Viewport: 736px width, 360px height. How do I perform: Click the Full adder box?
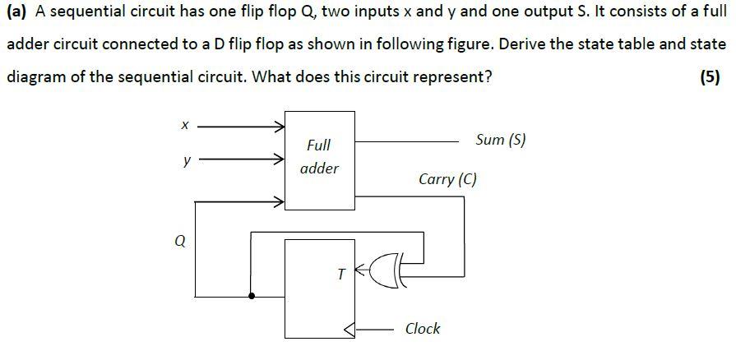tap(320, 159)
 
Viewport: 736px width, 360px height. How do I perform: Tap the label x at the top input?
tap(185, 126)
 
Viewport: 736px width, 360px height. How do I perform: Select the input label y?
tap(187, 161)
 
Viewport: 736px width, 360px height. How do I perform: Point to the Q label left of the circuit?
tap(181, 241)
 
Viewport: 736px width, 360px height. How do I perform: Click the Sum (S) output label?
tap(500, 140)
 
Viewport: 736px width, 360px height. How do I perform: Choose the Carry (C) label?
tap(447, 179)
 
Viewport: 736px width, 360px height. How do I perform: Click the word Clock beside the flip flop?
tap(423, 329)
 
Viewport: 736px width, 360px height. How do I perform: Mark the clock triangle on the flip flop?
tap(349, 330)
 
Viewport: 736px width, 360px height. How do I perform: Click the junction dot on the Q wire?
tap(252, 296)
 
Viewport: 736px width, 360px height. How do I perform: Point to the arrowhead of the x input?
tap(279, 127)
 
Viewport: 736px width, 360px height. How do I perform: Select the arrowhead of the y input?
tap(279, 161)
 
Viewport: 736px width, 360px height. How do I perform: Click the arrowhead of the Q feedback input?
tap(279, 200)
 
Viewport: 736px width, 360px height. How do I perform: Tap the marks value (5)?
tap(709, 77)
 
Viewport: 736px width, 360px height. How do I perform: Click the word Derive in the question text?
tap(522, 45)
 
